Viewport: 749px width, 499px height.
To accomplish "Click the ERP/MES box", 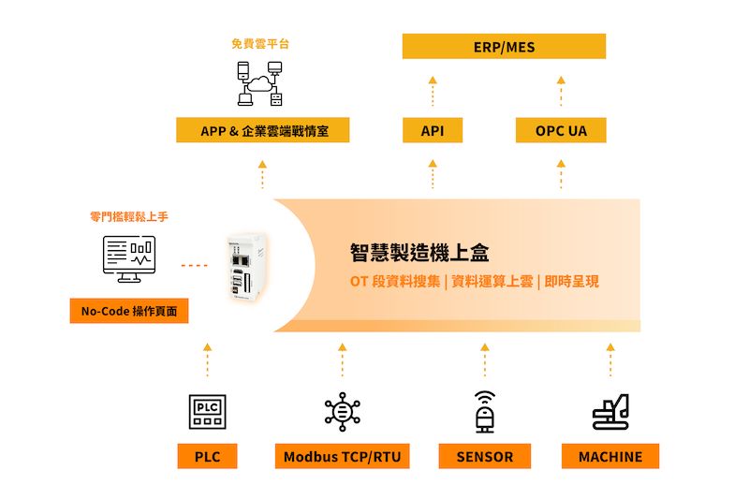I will (504, 47).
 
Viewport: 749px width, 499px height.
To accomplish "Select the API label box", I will (433, 131).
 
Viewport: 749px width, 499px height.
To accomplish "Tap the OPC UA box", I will (561, 131).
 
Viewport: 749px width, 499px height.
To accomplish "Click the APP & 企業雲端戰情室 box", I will (263, 131).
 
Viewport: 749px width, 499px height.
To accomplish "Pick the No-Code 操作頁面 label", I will (129, 311).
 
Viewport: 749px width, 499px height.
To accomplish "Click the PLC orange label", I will (207, 457).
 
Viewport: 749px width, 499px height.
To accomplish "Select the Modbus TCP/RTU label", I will (343, 457).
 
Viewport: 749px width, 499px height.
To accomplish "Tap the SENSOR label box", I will (485, 457).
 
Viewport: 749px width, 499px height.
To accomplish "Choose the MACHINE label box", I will (610, 457).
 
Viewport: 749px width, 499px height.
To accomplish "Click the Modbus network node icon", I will (343, 410).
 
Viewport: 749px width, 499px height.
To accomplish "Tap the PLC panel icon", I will (207, 410).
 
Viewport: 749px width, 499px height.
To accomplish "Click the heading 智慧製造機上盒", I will (419, 253).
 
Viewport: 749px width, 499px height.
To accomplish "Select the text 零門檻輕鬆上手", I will (129, 216).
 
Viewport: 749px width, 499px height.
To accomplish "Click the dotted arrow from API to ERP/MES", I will (433, 92).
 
